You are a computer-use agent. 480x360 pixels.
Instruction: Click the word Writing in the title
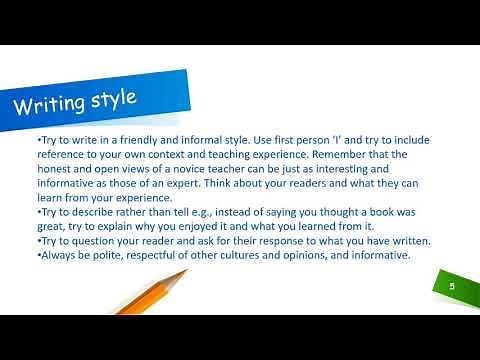tap(51, 104)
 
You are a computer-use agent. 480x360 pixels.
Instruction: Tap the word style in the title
tap(124, 98)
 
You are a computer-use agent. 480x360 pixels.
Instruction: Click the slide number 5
tap(452, 286)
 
